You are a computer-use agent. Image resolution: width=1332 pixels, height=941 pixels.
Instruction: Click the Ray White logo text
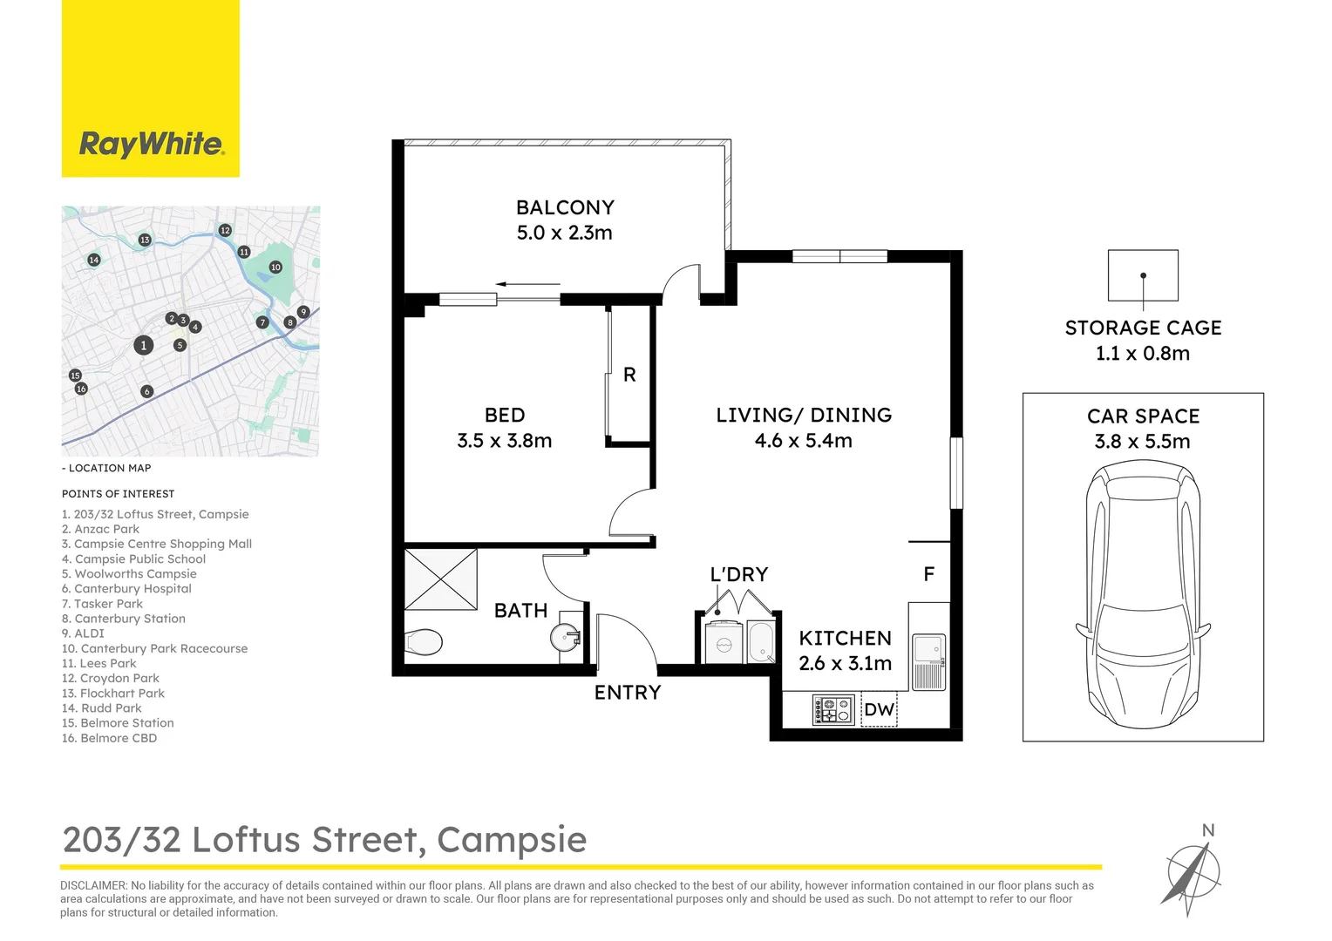point(151,144)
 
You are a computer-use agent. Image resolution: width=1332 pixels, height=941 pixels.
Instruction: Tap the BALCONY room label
point(565,207)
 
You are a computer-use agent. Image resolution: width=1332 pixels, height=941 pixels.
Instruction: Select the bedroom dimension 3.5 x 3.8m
point(504,441)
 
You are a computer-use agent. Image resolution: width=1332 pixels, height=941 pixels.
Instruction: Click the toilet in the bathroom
point(424,643)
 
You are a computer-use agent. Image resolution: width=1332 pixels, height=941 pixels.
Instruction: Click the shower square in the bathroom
point(441,579)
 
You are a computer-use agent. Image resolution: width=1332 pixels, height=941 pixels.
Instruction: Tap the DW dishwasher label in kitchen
point(879,710)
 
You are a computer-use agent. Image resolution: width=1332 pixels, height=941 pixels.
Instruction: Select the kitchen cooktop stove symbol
point(832,710)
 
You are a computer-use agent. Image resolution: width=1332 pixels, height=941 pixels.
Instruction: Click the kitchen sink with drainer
point(928,662)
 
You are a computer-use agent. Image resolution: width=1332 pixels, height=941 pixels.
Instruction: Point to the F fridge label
point(928,574)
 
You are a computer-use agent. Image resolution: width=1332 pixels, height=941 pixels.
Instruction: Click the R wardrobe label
point(629,376)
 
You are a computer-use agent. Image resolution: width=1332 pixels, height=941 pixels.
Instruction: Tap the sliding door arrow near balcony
point(527,284)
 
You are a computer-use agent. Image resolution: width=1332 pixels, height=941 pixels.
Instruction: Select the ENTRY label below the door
point(628,693)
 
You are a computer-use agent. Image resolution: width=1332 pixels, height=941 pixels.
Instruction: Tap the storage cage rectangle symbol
point(1143,276)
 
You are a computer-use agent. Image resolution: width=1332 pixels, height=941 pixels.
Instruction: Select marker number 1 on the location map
point(144,346)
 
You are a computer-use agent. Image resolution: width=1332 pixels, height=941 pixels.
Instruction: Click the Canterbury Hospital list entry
point(126,589)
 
